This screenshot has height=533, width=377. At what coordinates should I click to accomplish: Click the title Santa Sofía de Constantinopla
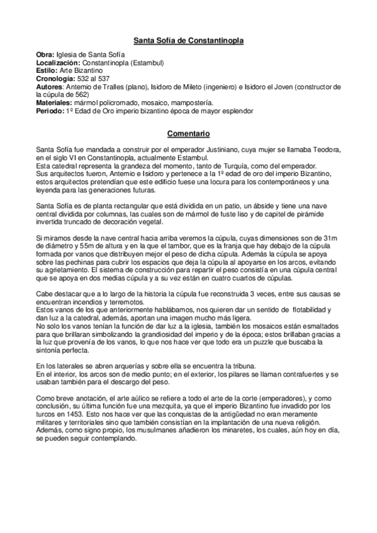188,41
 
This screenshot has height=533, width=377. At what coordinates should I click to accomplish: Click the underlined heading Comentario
188,133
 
